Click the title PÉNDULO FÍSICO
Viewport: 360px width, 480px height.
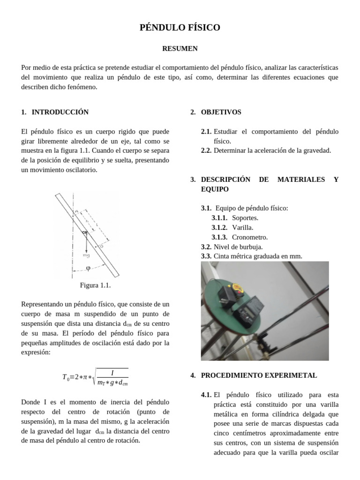coord(180,28)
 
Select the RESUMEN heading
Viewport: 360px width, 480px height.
coord(180,49)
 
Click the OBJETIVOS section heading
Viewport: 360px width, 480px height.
coord(221,112)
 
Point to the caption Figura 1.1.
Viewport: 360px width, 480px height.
coord(95,285)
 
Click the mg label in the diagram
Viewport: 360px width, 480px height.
coord(86,256)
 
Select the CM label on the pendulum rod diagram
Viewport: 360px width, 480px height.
coord(85,232)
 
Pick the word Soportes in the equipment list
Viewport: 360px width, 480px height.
coord(245,218)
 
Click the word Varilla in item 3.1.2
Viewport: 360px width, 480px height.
coord(242,227)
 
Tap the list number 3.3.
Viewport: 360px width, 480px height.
coord(206,256)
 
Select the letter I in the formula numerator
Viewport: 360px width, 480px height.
coord(112,373)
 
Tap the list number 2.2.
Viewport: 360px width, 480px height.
coord(206,150)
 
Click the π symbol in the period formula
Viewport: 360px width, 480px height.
coord(84,378)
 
